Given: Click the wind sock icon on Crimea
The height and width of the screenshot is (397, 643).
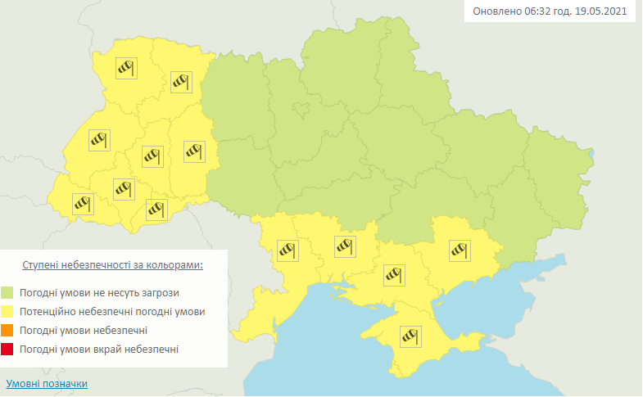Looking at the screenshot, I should pos(409,336).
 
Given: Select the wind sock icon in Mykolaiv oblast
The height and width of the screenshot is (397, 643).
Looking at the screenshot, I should pos(345,244).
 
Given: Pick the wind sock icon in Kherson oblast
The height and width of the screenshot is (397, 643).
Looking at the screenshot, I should pos(395,273).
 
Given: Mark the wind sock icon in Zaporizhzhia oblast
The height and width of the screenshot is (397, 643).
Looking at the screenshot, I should pos(459,249).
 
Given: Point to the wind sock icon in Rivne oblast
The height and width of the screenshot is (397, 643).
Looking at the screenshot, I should pos(180,81).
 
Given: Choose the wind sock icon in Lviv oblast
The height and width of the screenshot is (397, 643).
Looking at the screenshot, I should pos(99,140).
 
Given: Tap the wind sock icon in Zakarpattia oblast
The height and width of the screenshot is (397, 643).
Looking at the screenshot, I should pos(82,202).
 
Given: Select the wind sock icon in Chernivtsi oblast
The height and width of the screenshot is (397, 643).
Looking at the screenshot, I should pos(156,209).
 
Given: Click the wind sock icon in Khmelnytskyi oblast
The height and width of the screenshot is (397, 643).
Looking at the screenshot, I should pos(193,151).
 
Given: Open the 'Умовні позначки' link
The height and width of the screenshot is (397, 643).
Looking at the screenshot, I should pos(47,383).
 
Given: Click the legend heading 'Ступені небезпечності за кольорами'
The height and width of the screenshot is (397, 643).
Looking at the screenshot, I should pos(112,266).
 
